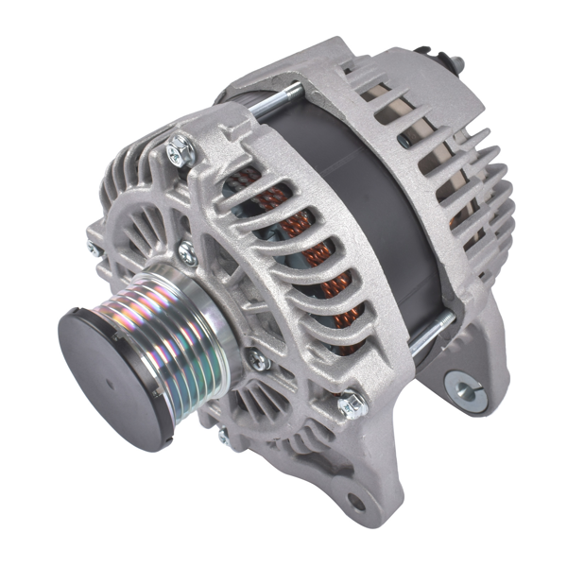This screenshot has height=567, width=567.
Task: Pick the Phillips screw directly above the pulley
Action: [x=187, y=252]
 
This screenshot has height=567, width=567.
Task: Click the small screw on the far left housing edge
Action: [x=94, y=249]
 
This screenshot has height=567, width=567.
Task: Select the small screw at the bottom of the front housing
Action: [x=224, y=436]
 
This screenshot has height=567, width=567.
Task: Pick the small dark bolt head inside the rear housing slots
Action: [x=404, y=140]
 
